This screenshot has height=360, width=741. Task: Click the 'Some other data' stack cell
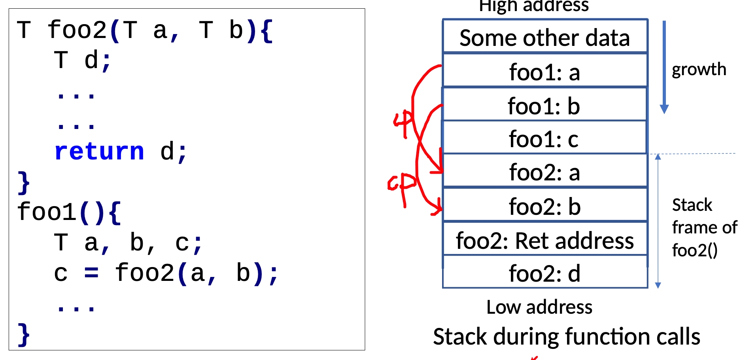pos(544,38)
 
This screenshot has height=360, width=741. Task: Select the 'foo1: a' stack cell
pos(544,72)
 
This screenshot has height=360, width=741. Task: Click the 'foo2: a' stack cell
pos(544,172)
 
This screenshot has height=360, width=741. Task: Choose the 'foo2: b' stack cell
pos(544,207)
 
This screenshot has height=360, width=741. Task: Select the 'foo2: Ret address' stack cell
pos(544,241)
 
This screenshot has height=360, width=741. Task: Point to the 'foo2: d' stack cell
pos(544,273)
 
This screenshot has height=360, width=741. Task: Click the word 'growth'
pos(699,69)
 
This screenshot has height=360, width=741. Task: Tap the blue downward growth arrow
pos(664,67)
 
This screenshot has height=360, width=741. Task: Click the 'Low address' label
pos(539,307)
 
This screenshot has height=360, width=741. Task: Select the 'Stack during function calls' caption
pos(566,337)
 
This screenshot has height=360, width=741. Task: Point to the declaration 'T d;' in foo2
pos(83,61)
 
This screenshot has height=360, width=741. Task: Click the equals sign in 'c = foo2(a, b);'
pos(91,273)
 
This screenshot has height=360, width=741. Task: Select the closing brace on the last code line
pos(24,334)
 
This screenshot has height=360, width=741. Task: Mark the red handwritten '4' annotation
pos(403,123)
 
